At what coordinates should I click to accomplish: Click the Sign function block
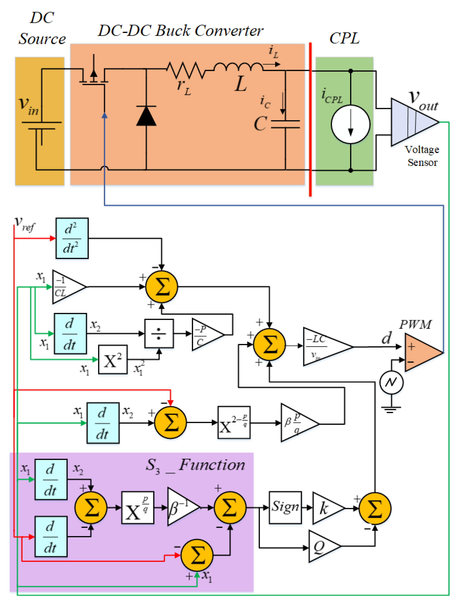[285, 507]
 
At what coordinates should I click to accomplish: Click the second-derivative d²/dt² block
[72, 238]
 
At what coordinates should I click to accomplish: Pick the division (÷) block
[159, 333]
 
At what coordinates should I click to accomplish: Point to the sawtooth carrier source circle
[391, 382]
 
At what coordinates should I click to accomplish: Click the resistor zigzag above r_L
[186, 70]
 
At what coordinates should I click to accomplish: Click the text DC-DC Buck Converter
[181, 31]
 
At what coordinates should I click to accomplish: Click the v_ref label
[25, 224]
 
